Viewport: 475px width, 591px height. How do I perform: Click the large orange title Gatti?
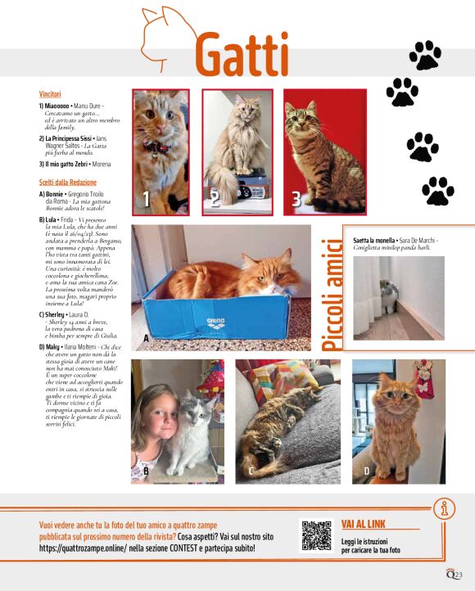(x=242, y=55)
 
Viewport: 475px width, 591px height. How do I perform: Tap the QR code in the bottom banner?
(x=318, y=535)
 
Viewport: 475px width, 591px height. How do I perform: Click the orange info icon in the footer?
(x=446, y=510)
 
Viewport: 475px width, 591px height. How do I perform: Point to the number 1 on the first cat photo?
(x=146, y=199)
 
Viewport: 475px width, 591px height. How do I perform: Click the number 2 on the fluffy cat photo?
(x=215, y=199)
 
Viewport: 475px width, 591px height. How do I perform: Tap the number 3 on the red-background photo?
(x=296, y=198)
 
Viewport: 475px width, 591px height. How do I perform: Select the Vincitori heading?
(x=51, y=95)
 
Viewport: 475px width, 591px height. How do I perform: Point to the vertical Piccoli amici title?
(x=331, y=295)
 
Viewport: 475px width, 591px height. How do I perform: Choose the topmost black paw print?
(x=425, y=55)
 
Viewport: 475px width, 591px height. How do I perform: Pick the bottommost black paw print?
(x=437, y=191)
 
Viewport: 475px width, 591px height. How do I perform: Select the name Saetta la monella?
(x=374, y=240)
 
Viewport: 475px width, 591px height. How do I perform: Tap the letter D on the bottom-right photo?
(x=366, y=471)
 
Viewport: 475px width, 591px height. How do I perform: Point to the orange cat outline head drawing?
(x=168, y=33)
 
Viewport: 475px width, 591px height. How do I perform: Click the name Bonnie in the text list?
(x=56, y=194)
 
